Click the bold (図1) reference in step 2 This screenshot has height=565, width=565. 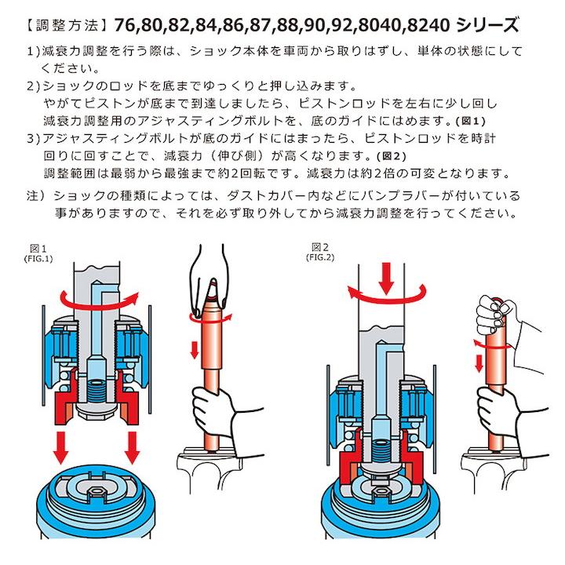tap(471, 122)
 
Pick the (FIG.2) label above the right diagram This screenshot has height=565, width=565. tap(322, 256)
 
